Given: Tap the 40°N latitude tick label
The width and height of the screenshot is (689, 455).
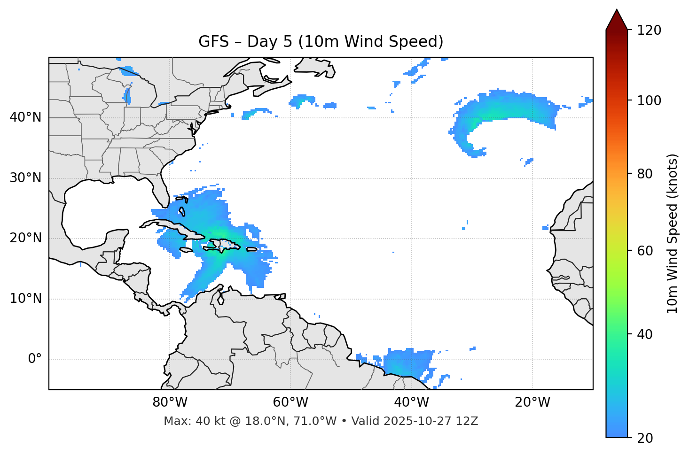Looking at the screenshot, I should coord(25,117).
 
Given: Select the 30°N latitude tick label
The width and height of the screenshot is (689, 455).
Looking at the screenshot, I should coord(25,178).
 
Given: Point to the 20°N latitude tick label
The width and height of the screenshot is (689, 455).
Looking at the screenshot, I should coord(25,238).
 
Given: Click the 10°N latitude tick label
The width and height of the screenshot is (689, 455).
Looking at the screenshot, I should coord(25,299).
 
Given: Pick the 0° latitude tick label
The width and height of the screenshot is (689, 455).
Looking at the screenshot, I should coord(35,359).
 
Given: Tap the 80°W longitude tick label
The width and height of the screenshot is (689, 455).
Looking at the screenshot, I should coord(170,402).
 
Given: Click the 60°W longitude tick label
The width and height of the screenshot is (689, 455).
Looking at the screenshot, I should coord(290,402).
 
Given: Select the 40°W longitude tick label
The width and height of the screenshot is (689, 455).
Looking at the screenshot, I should coord(411,402).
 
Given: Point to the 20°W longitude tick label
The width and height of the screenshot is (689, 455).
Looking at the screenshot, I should coord(532,402).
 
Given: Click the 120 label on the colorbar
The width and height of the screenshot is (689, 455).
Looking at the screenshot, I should coord(649,30).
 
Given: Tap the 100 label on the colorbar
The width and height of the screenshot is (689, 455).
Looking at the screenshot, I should coord(649,100).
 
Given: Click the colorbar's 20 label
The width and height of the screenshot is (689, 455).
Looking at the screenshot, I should coord(645,438).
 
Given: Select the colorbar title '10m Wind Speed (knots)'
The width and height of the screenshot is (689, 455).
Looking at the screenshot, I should coord(673,233).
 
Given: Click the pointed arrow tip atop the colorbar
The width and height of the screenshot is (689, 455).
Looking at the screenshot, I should coord(617,10).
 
